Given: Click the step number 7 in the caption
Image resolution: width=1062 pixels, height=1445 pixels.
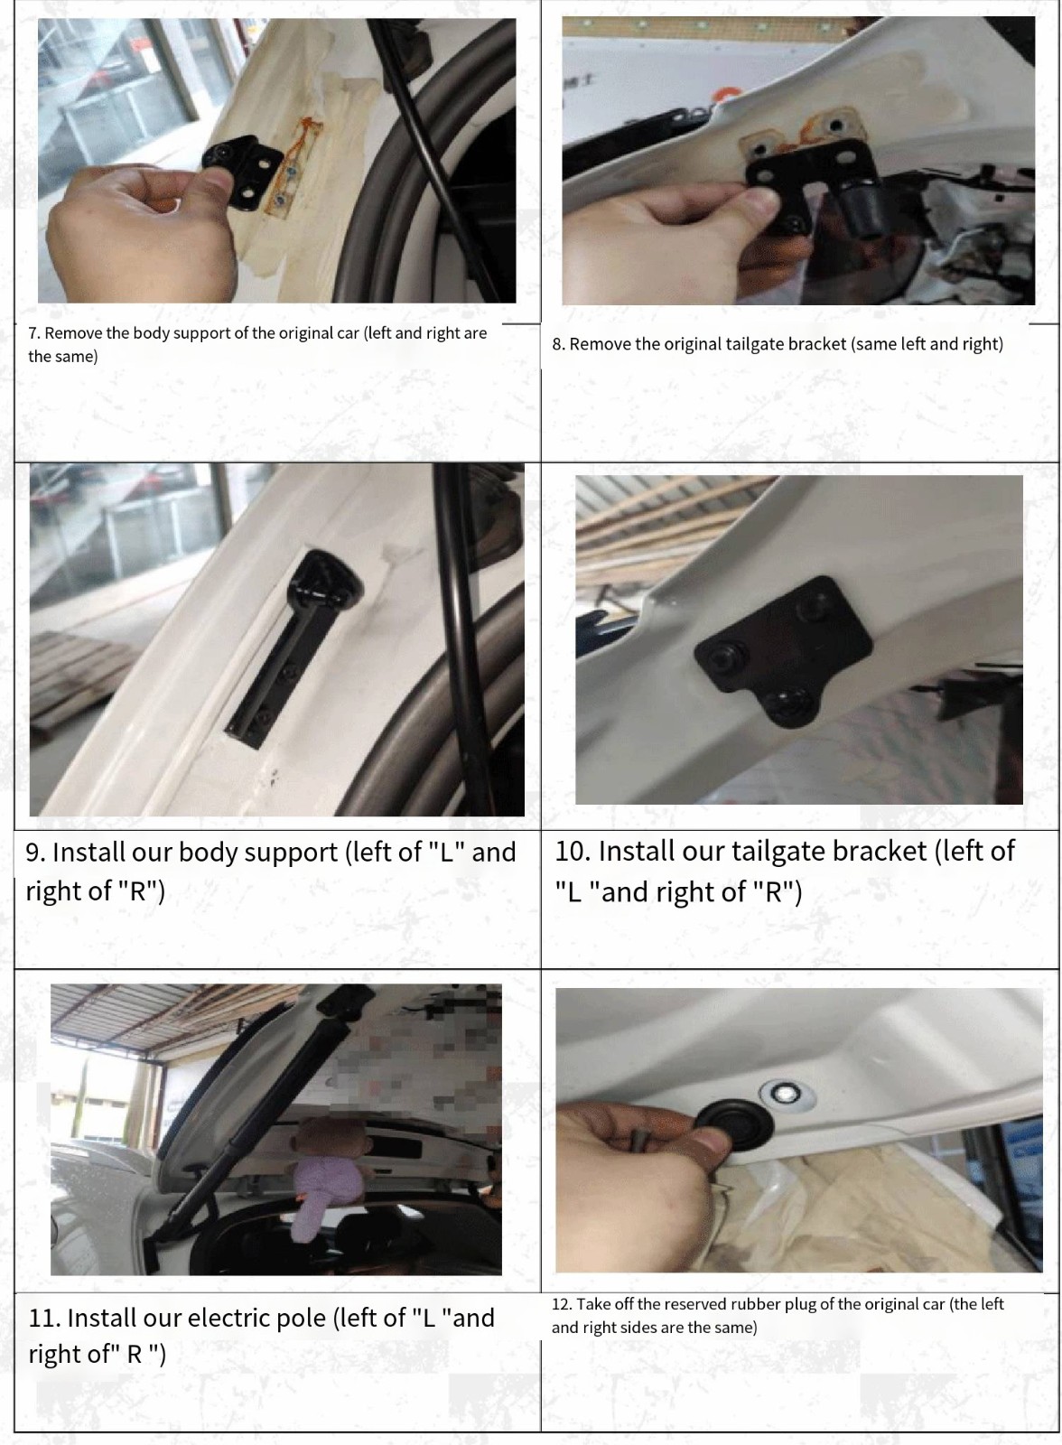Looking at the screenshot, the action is point(34,333).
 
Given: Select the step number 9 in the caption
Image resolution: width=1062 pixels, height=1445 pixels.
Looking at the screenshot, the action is point(35,853).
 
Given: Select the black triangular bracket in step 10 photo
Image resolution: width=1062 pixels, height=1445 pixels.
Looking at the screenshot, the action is point(783,650).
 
